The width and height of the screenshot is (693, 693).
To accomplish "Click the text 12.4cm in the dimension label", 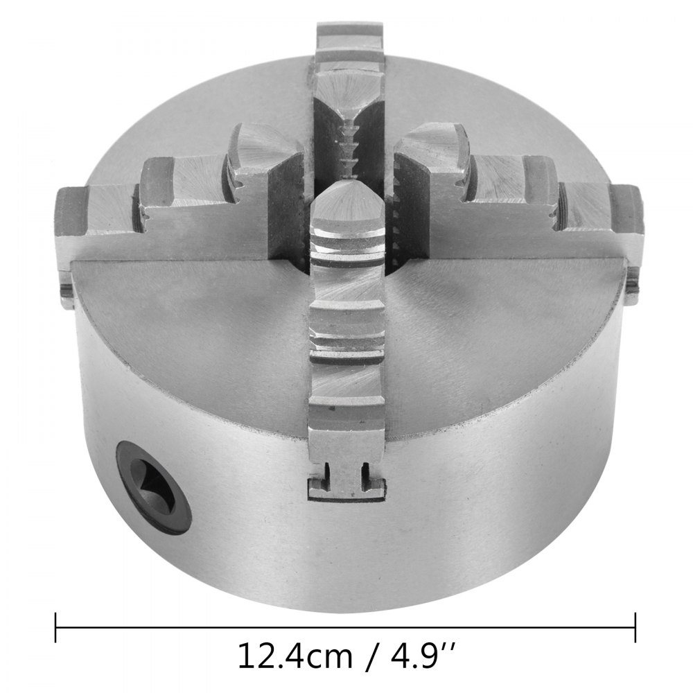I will coord(280,654).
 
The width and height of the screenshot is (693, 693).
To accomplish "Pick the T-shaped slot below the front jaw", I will coord(346,478).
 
